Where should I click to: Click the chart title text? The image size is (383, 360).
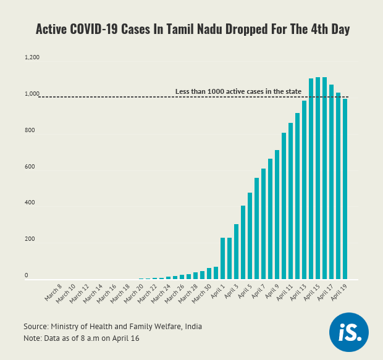[x=192, y=29]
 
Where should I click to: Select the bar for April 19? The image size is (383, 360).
[x=345, y=189]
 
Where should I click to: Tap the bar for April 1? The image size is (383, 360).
[x=223, y=258]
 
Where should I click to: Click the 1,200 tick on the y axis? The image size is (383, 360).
[x=32, y=57]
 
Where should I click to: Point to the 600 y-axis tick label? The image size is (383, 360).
[x=30, y=167]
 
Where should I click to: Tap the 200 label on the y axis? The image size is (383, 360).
[x=30, y=239]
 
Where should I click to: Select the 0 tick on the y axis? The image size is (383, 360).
[x=27, y=275]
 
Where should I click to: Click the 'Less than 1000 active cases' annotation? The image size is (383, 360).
[x=238, y=91]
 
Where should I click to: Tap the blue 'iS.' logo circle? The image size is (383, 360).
[x=349, y=333]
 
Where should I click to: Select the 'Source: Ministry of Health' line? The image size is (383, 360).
[x=112, y=326]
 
